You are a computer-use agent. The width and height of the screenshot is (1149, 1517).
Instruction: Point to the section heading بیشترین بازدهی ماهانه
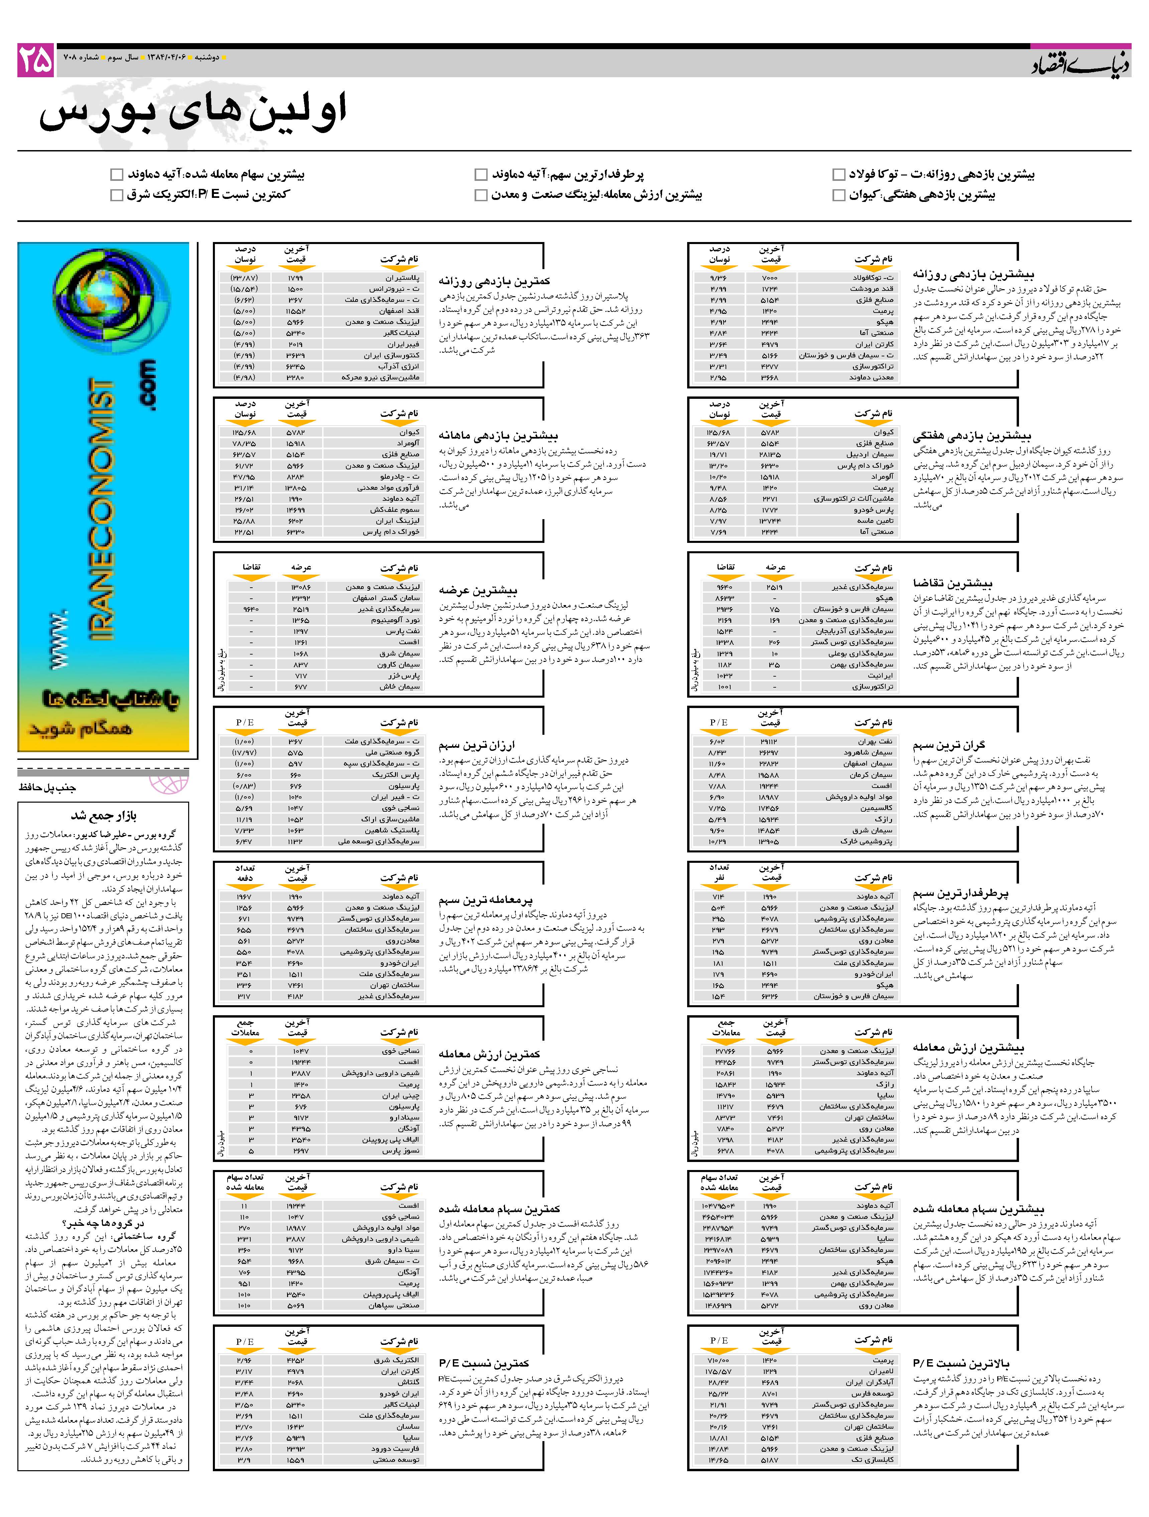pyautogui.click(x=498, y=436)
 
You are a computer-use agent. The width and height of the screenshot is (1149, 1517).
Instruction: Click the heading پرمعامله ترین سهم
pyautogui.click(x=485, y=900)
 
